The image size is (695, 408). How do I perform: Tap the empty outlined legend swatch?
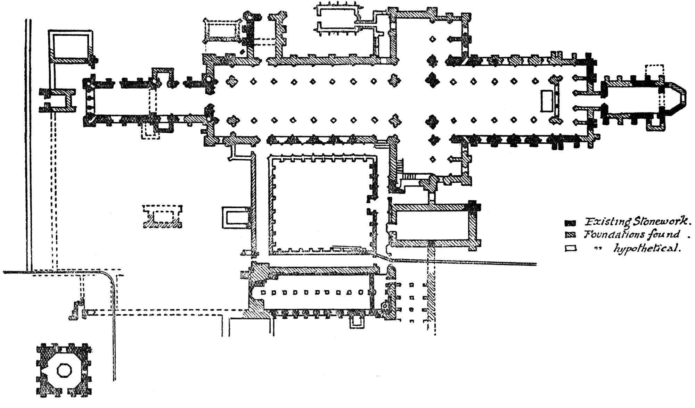tap(571, 249)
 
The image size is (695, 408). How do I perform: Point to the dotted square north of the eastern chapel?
tap(654, 72)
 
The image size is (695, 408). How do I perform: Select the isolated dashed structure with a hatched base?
tap(163, 217)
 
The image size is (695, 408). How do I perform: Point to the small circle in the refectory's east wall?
tap(385, 306)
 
